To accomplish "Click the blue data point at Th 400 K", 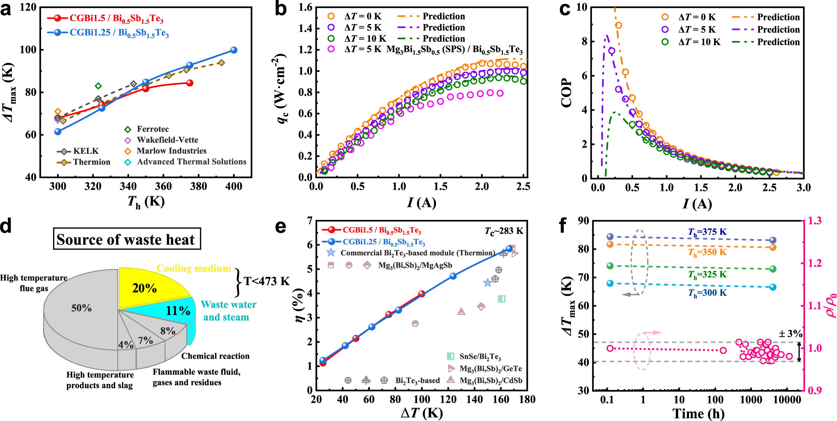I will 234,50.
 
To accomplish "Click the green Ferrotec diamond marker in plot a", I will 98,86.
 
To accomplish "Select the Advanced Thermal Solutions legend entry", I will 191,162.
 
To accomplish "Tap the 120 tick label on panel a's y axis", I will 28,7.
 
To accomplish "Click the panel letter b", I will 281,9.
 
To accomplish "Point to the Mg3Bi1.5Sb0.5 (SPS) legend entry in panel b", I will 454,50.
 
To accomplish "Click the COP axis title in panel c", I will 567,93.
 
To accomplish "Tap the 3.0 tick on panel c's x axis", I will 803,188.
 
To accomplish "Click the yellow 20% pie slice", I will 147,288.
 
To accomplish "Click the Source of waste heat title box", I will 127,239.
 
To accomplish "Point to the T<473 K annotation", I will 266,281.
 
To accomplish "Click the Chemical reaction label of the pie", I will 215,356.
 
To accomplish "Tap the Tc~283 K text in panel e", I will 504,231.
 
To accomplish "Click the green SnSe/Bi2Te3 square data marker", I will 502,299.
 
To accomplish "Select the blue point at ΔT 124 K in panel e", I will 453,276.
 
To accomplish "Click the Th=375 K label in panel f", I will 707,232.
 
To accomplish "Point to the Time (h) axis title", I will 698,413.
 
